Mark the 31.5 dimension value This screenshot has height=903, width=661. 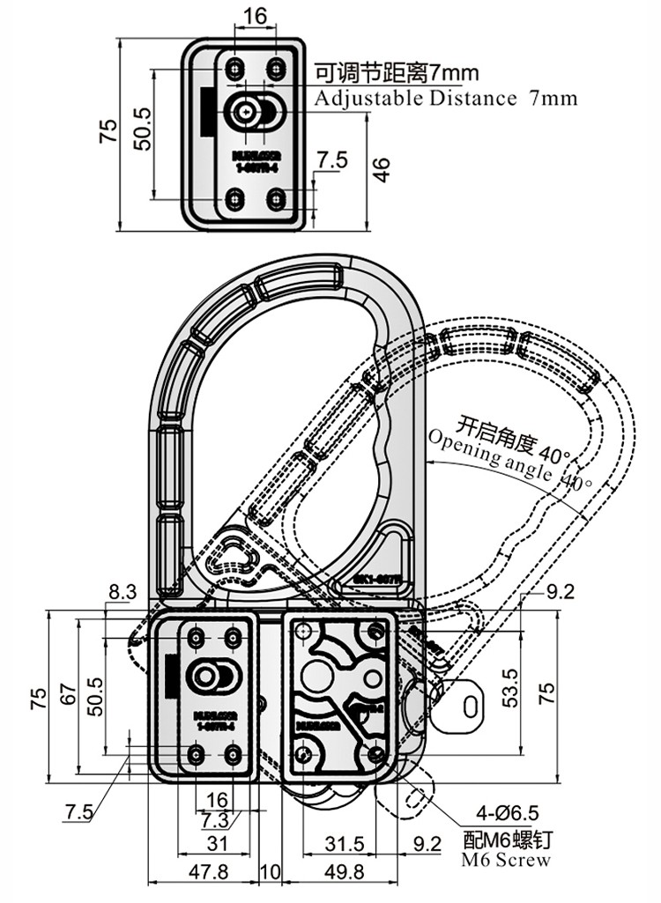(344, 844)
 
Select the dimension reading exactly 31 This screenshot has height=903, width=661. (217, 844)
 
